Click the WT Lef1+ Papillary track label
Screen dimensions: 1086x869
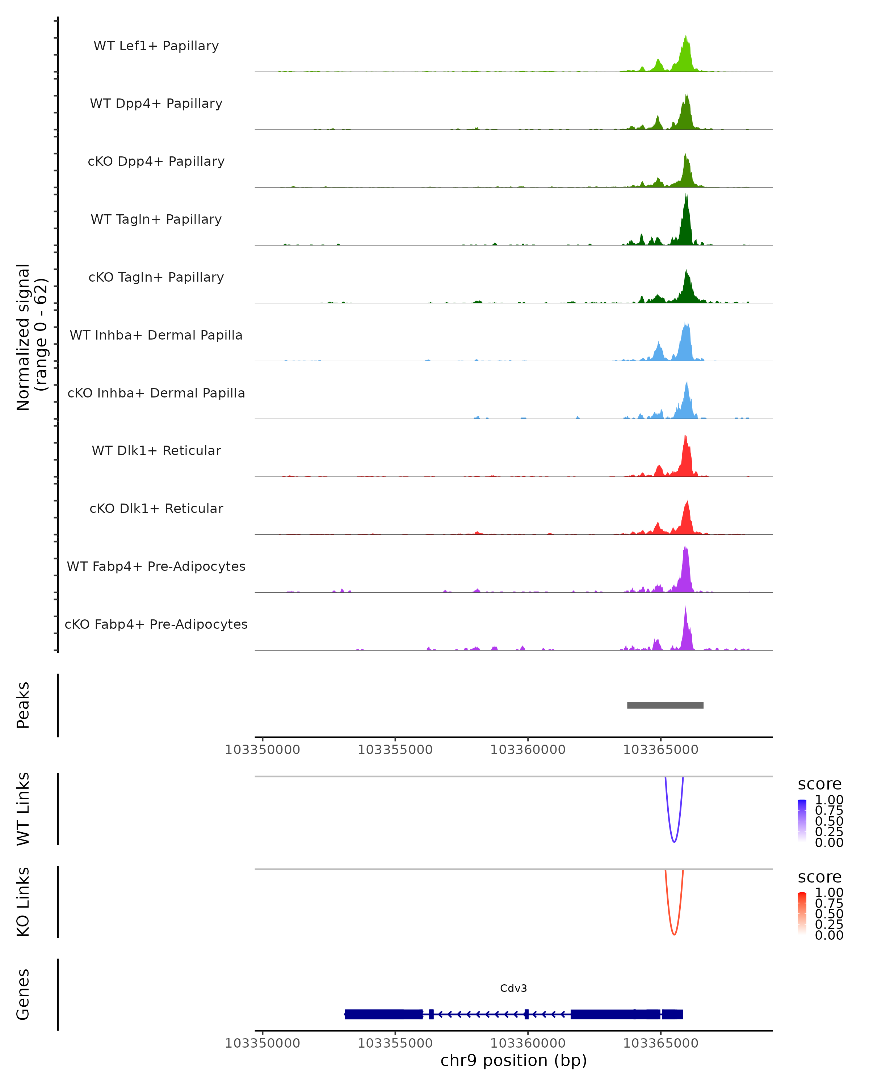click(x=156, y=46)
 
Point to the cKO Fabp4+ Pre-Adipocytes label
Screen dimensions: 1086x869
click(x=156, y=624)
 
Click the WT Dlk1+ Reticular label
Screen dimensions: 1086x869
click(x=156, y=451)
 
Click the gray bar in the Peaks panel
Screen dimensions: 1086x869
click(x=665, y=705)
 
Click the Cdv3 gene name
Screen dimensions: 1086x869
click(x=513, y=988)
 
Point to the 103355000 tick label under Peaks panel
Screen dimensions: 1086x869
click(x=395, y=750)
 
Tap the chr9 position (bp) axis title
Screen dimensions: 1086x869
click(x=513, y=1061)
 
